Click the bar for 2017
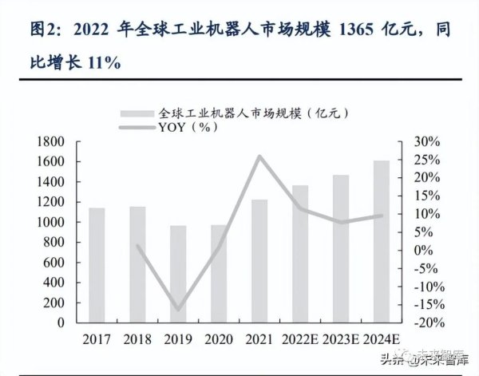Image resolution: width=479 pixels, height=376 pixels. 97,265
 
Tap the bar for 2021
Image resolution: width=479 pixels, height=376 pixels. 259,261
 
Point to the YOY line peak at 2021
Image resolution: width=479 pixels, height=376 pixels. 259,156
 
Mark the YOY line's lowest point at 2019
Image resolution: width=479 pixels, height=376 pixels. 177,310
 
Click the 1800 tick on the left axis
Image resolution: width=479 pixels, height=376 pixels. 49,142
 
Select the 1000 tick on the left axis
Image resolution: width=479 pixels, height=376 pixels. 49,223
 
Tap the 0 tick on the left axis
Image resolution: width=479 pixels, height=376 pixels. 60,323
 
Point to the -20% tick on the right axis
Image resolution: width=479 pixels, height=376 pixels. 425,323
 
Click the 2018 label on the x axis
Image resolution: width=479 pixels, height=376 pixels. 137,340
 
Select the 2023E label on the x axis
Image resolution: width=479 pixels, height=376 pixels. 341,340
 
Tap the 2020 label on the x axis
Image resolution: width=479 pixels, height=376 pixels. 218,340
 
